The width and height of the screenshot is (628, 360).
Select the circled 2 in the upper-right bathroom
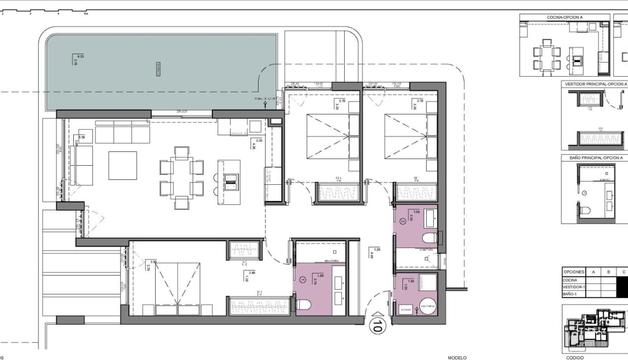[x=402, y=221]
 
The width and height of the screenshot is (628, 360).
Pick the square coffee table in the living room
[x=122, y=165]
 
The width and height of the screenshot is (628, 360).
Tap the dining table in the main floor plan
[x=182, y=178]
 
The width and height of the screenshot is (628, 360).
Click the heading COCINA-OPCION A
[x=565, y=17]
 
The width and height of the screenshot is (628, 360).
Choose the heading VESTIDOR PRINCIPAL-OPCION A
[x=595, y=84]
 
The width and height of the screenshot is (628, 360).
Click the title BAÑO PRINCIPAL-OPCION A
[x=595, y=157]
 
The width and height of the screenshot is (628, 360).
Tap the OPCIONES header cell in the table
[x=574, y=271]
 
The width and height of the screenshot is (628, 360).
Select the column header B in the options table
[x=608, y=271]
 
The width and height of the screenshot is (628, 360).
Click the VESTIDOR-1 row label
[x=574, y=287]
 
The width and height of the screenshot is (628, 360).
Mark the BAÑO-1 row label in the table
[x=570, y=294]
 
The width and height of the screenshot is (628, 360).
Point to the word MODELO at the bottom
[x=457, y=357]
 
